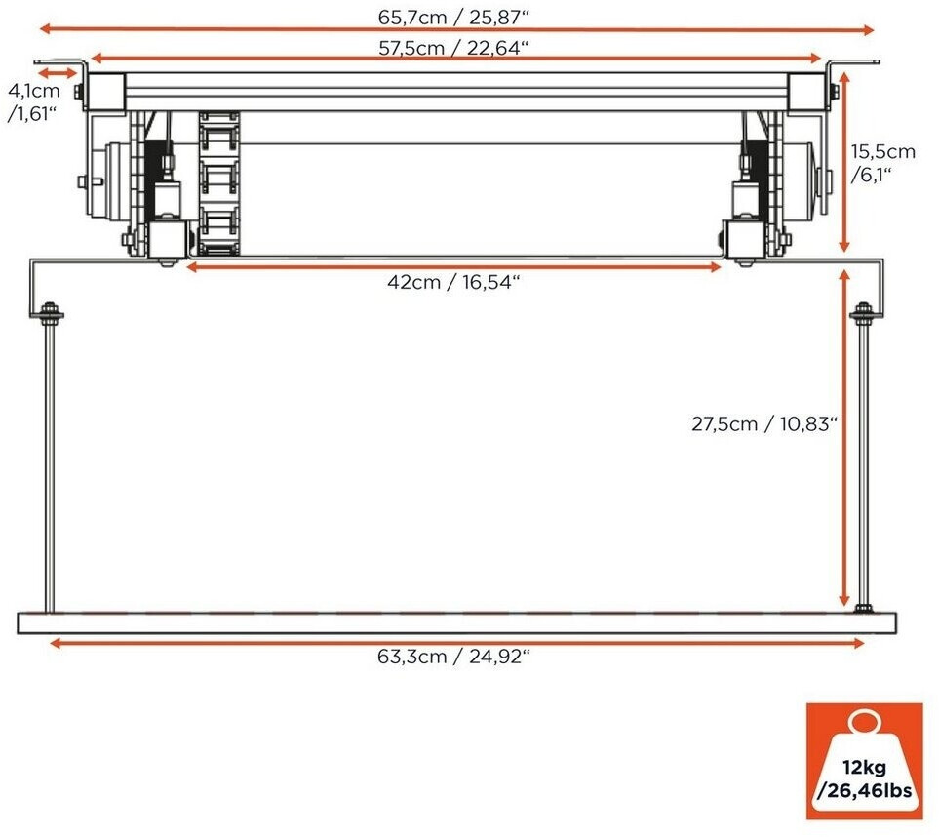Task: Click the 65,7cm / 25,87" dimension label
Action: click(x=453, y=17)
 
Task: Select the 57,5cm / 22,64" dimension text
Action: click(x=453, y=48)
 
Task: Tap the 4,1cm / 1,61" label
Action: click(x=33, y=101)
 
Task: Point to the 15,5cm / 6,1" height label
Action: click(x=882, y=163)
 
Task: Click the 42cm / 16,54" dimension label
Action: click(x=453, y=282)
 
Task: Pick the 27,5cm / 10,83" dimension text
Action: click(x=764, y=424)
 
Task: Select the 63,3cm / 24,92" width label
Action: click(x=453, y=657)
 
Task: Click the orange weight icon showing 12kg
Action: click(x=864, y=761)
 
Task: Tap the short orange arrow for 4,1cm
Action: click(x=58, y=73)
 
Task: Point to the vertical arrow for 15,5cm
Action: click(x=843, y=162)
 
